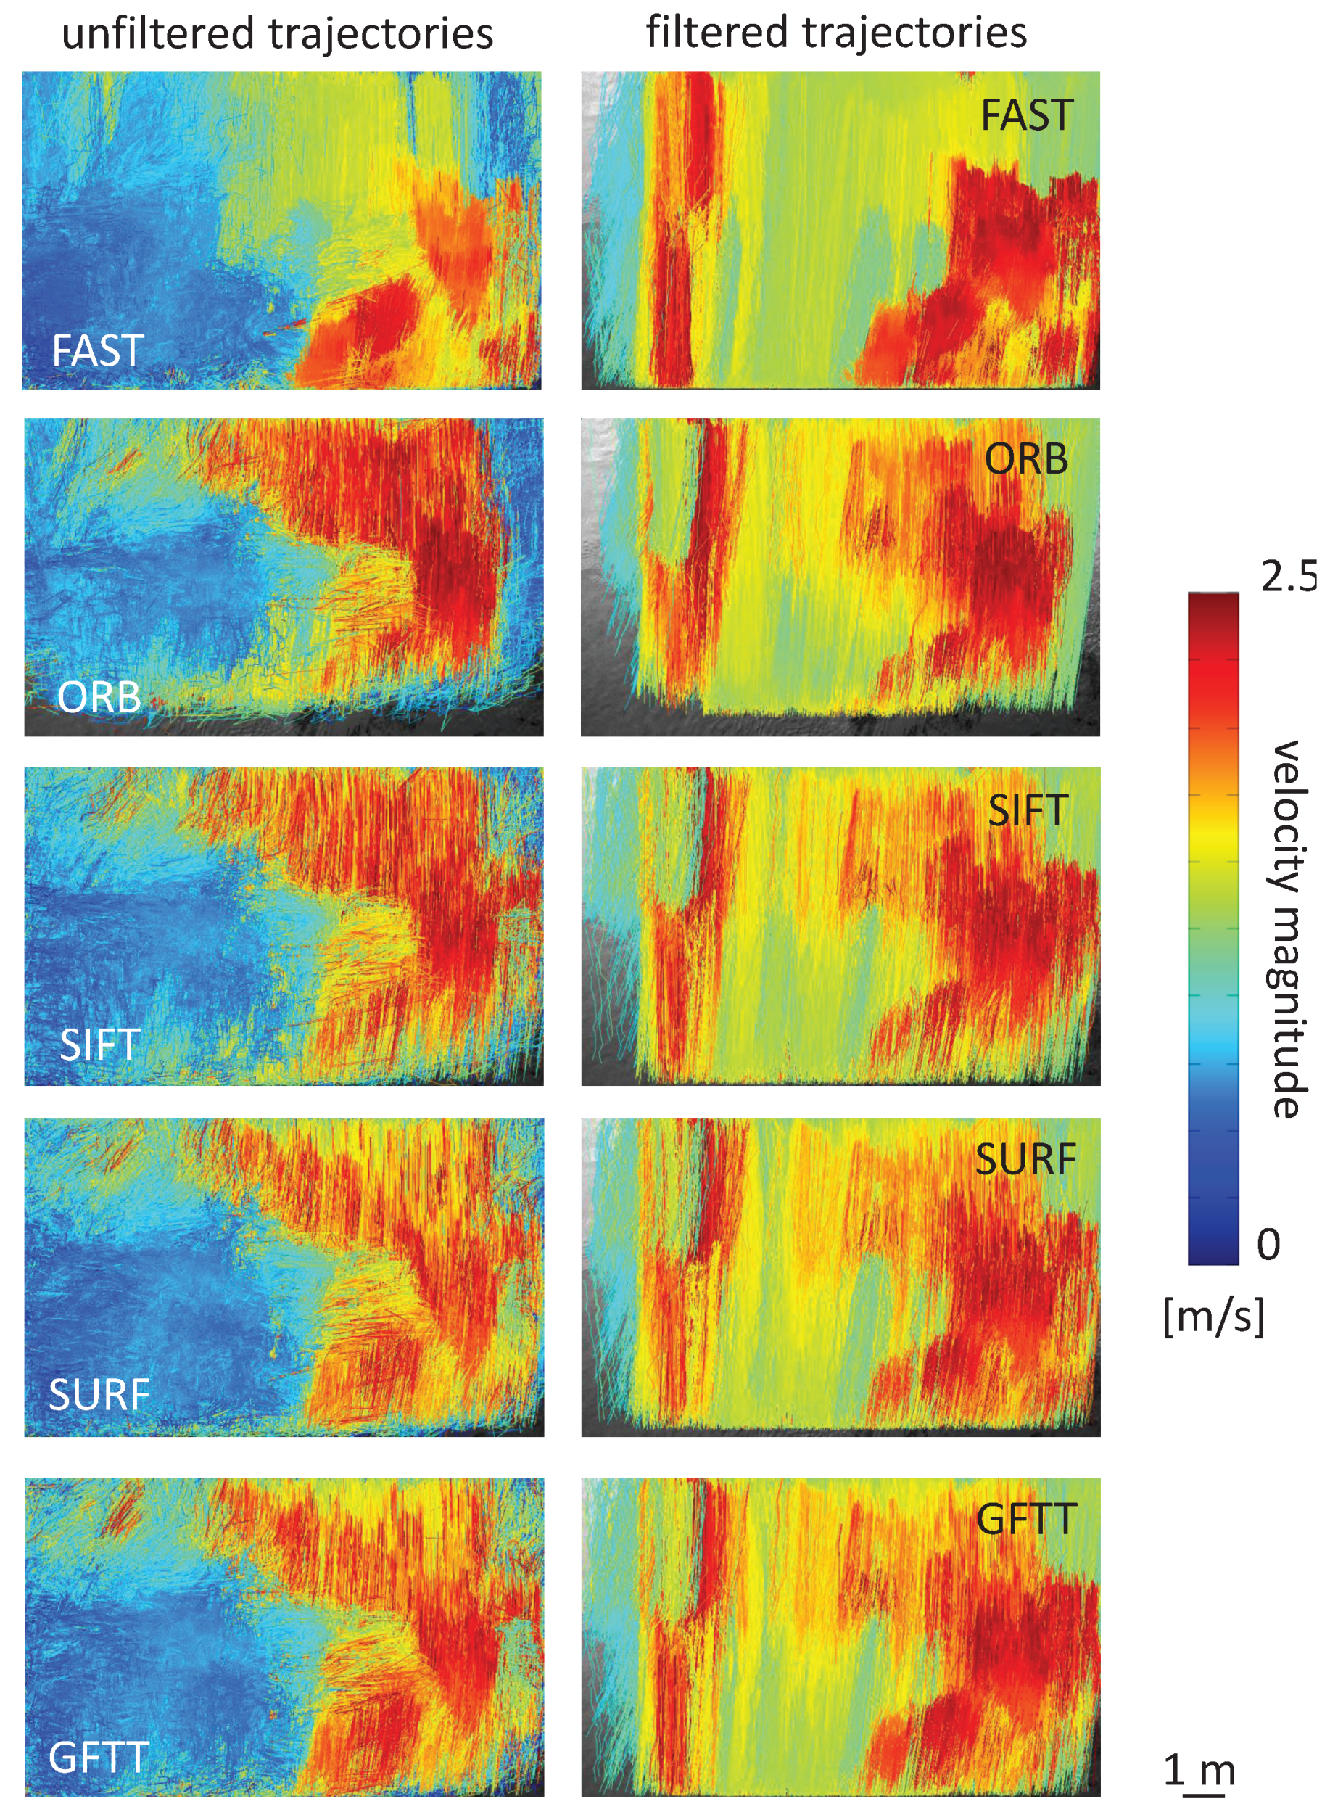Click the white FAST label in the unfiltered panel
[97, 350]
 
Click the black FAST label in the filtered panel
[1026, 115]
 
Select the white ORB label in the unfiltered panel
[99, 696]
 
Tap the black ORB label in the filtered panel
[1026, 460]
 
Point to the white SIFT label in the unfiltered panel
[100, 1045]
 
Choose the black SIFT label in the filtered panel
[1028, 810]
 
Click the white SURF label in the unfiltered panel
[99, 1394]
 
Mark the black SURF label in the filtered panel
[1025, 1160]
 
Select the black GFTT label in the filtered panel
[1026, 1520]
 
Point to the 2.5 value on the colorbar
[1288, 577]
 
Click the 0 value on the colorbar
[1268, 1245]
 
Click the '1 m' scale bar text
[1199, 1770]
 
